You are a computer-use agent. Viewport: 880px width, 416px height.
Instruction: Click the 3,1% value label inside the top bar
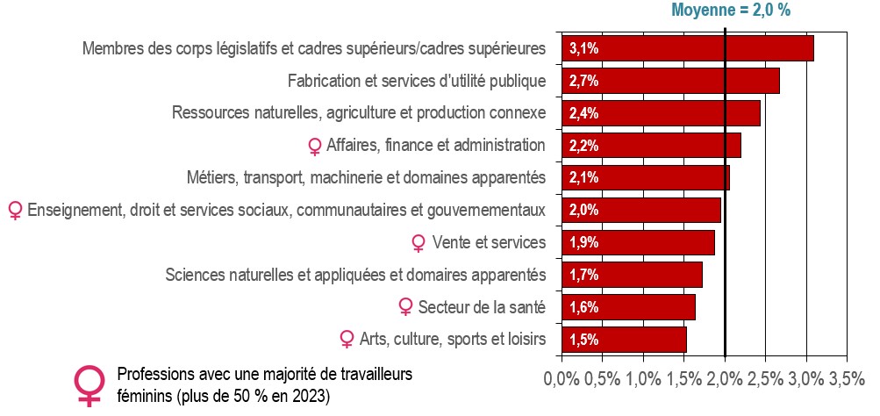tap(583, 49)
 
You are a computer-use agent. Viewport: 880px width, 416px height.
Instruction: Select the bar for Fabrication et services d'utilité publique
tap(670, 81)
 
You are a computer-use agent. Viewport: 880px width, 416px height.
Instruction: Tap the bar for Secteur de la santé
tap(628, 307)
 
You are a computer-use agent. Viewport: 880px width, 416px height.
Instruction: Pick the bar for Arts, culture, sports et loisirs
tap(624, 340)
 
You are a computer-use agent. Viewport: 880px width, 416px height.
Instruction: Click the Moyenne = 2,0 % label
tap(731, 11)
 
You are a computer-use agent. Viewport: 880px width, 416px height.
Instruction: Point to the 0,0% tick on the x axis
tap(562, 379)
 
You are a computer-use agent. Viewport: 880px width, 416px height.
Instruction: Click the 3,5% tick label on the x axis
tap(847, 379)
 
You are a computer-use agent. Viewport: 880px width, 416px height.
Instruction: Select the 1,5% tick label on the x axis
tap(684, 379)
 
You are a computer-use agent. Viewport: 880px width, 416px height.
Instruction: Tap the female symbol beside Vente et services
tap(419, 243)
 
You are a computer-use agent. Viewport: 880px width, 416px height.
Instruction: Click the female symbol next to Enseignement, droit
tap(15, 212)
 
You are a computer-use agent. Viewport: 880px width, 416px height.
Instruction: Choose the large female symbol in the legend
tap(89, 385)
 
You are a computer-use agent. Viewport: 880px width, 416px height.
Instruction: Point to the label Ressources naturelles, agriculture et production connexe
tap(359, 113)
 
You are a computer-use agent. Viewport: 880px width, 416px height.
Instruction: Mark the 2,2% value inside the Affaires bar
tap(583, 146)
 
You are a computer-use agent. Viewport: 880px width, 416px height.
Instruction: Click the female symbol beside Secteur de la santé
tap(404, 308)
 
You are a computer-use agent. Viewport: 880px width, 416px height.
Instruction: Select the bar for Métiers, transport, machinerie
tap(646, 178)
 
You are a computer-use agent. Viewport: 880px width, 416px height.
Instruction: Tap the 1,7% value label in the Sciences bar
tap(583, 275)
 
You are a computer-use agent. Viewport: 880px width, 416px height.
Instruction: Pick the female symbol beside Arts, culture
tap(347, 340)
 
